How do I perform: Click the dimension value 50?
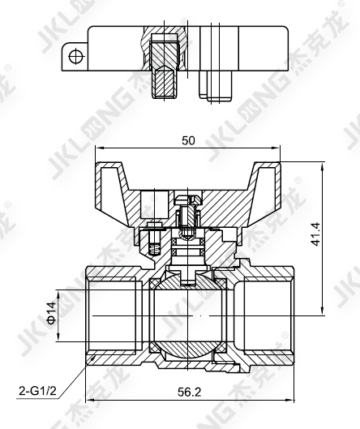click(x=188, y=140)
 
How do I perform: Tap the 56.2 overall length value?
click(x=189, y=392)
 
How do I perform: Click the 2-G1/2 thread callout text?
click(x=37, y=391)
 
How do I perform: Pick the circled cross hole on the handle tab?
click(x=75, y=57)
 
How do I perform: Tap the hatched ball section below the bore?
click(x=188, y=350)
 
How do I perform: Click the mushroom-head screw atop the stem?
click(x=188, y=199)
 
